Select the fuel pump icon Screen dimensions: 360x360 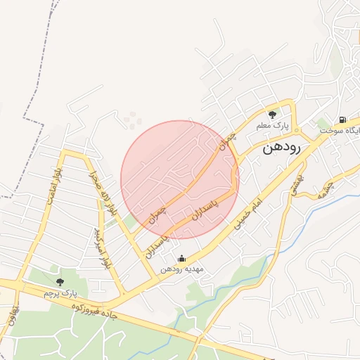pyautogui.click(x=342, y=120)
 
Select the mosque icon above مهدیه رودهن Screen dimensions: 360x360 pyautogui.click(x=182, y=259)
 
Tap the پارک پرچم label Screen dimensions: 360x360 pyautogui.click(x=60, y=292)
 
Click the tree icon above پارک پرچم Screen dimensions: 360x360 pyautogui.click(x=59, y=281)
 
